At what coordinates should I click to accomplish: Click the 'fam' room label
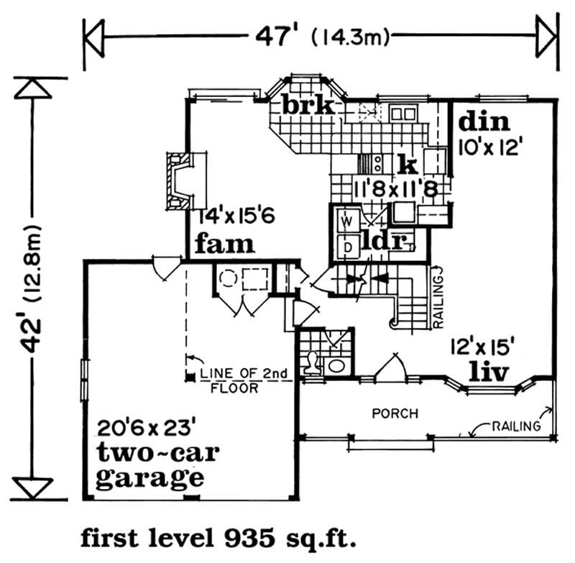(224, 244)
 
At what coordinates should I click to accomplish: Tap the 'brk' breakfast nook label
(308, 106)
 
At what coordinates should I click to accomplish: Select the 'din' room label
(483, 120)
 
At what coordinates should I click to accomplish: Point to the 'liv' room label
(488, 372)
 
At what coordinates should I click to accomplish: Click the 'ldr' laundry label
(385, 240)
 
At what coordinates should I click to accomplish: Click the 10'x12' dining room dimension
(489, 147)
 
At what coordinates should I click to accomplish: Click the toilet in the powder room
(312, 363)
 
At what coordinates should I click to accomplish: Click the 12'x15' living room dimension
(478, 345)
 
